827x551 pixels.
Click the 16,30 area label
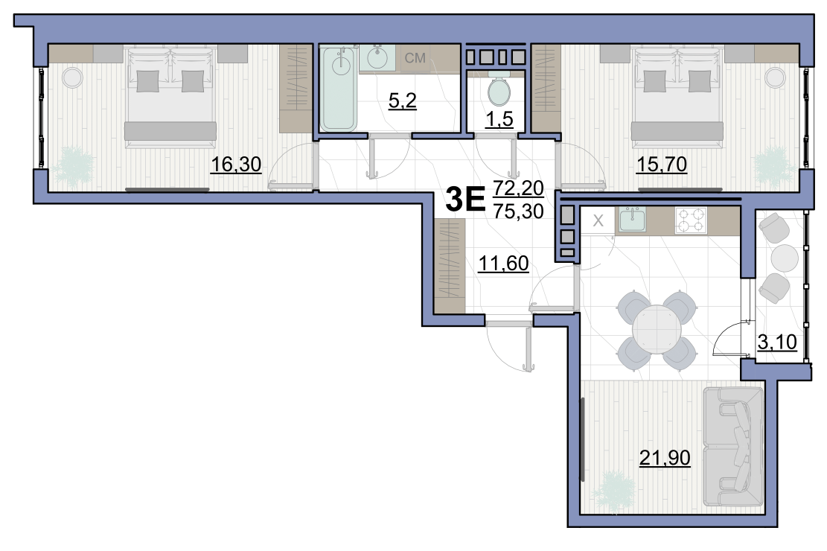(x=236, y=165)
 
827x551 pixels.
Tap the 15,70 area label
(x=662, y=165)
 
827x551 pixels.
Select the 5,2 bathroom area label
(x=403, y=101)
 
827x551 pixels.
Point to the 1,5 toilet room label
(x=499, y=119)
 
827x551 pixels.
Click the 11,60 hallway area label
(x=503, y=263)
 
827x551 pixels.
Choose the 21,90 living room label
(x=665, y=458)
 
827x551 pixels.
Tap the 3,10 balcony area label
(x=777, y=342)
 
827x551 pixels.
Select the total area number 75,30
(x=519, y=211)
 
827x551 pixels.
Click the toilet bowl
(x=499, y=90)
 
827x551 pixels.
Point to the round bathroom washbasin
(x=377, y=57)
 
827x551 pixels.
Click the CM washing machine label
(x=415, y=57)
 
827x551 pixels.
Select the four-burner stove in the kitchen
(x=691, y=220)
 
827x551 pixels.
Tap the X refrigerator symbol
(x=598, y=220)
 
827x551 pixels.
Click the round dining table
(x=657, y=329)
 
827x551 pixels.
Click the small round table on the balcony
(x=785, y=258)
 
